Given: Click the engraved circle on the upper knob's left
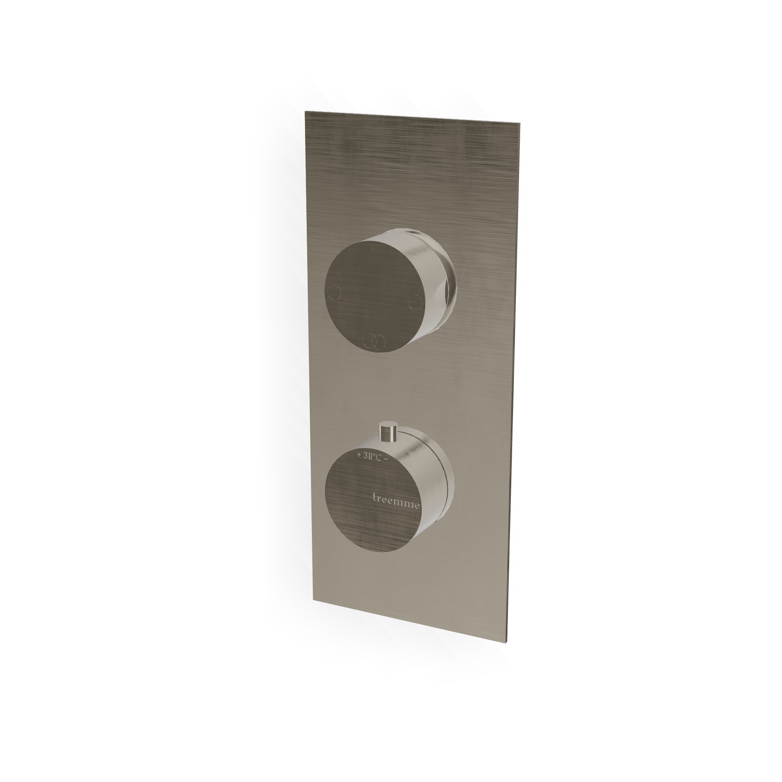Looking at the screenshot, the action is pos(334,293).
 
